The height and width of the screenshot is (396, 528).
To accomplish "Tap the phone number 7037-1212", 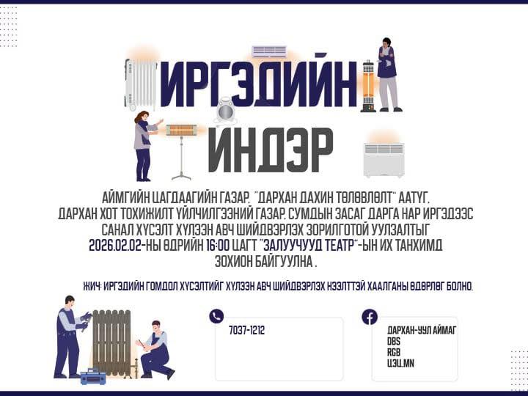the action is (247, 330).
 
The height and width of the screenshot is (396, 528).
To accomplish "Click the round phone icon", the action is (216, 316).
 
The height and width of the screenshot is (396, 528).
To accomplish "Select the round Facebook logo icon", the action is (370, 317).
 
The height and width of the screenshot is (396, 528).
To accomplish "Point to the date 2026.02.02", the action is (116, 245).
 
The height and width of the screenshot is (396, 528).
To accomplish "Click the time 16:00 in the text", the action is (217, 245).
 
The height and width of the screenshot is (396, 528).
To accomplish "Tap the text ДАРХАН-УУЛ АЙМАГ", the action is (422, 330).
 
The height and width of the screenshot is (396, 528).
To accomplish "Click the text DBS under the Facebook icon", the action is (394, 342).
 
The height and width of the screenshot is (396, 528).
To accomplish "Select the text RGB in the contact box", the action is (394, 352).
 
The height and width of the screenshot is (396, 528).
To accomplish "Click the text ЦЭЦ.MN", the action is (400, 363).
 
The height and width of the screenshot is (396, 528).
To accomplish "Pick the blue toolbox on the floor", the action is (93, 377).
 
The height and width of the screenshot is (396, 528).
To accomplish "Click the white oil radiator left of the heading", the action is (140, 84).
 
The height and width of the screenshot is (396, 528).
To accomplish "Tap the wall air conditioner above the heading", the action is (269, 51).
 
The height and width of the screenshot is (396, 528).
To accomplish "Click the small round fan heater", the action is (226, 111).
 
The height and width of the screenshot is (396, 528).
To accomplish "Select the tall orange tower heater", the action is (368, 87).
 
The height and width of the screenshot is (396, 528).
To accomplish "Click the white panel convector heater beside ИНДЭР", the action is (384, 160).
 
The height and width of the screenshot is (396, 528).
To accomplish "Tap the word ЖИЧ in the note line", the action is (92, 286).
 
